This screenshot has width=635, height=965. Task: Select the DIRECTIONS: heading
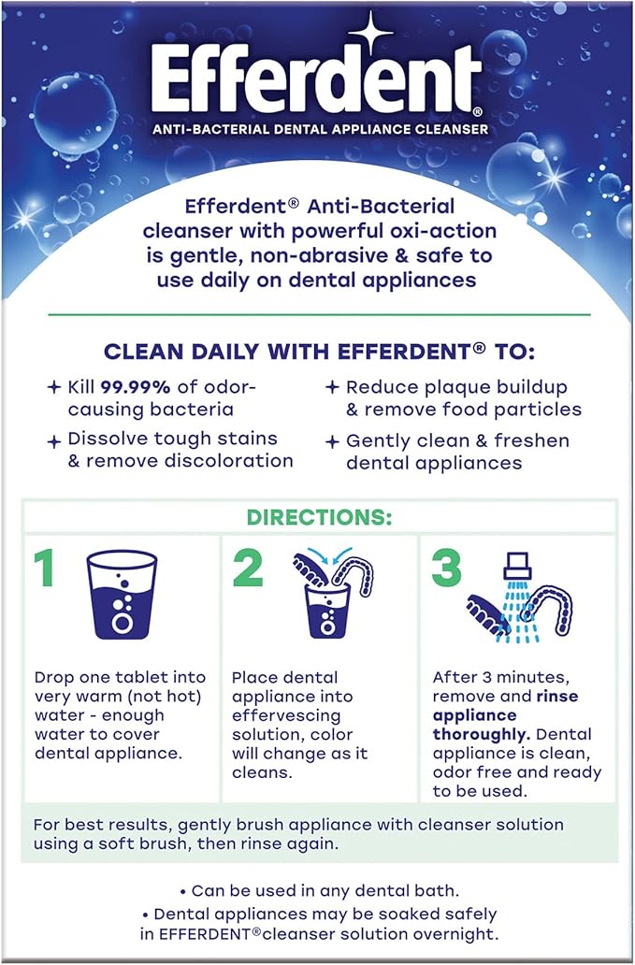[318, 517]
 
